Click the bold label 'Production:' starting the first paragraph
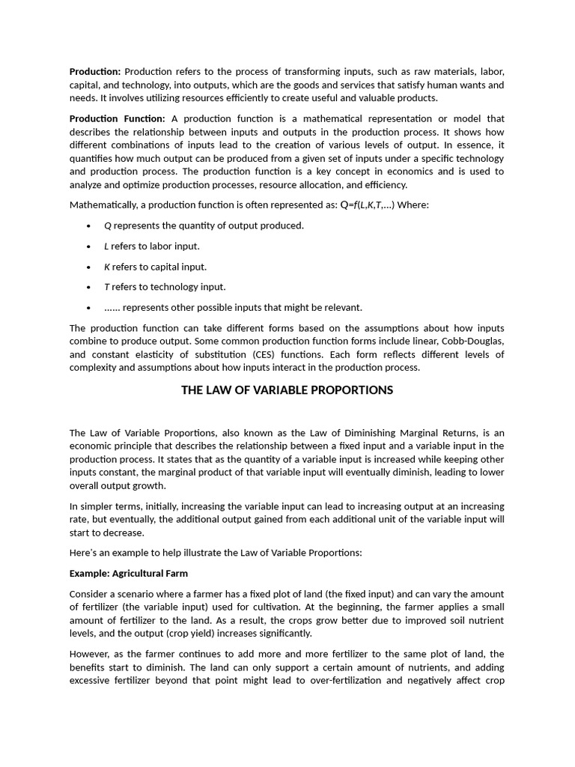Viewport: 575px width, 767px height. coord(95,72)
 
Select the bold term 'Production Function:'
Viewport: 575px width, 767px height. coord(118,118)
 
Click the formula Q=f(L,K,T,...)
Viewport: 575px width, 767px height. coord(368,204)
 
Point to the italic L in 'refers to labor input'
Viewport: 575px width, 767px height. coord(106,246)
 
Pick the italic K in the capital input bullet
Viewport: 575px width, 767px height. coord(107,267)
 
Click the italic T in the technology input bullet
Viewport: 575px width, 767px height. coord(106,287)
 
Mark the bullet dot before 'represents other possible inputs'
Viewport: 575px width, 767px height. coord(88,308)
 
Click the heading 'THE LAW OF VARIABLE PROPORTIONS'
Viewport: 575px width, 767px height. coord(287,390)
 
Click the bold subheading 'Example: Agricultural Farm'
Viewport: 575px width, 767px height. coord(129,574)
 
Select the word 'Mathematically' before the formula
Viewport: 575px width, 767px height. coord(103,204)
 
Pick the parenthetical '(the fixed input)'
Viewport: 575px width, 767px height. coord(352,594)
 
